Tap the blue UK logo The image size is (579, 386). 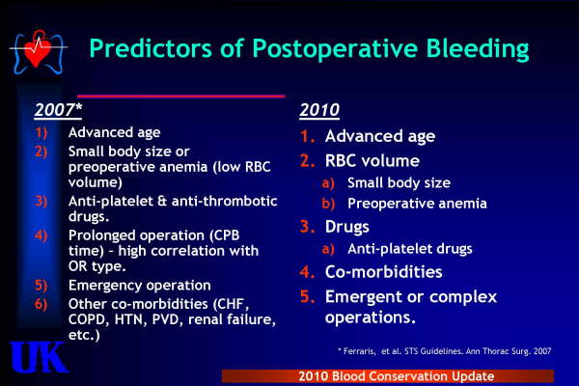point(40,357)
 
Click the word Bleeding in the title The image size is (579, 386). point(478,49)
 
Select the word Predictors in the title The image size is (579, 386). point(151,48)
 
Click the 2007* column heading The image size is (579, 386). point(58,110)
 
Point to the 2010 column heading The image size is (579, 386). point(319,110)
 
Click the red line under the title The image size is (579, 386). point(180,96)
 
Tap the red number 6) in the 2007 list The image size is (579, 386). point(41,304)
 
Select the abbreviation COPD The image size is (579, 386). point(89,319)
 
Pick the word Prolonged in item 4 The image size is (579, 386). point(99,236)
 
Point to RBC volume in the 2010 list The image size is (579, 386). point(372,161)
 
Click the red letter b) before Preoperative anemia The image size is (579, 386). point(328,204)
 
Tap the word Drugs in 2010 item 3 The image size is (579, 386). point(347,227)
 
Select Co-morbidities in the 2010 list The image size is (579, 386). point(384,272)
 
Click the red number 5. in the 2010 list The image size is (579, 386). point(308,296)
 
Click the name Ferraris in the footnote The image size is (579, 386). point(359,351)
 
